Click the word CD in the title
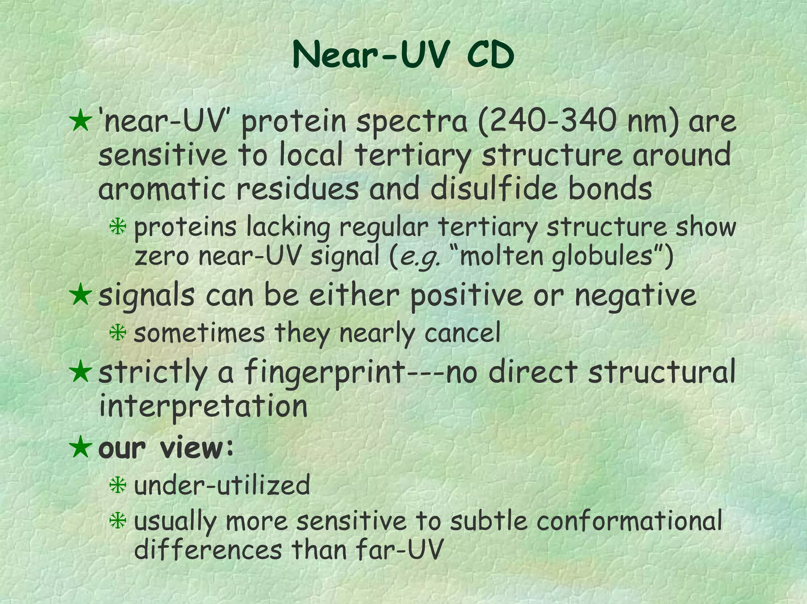[x=490, y=56]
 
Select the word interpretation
[x=203, y=406]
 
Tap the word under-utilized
[x=222, y=485]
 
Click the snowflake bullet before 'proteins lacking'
[x=118, y=228]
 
